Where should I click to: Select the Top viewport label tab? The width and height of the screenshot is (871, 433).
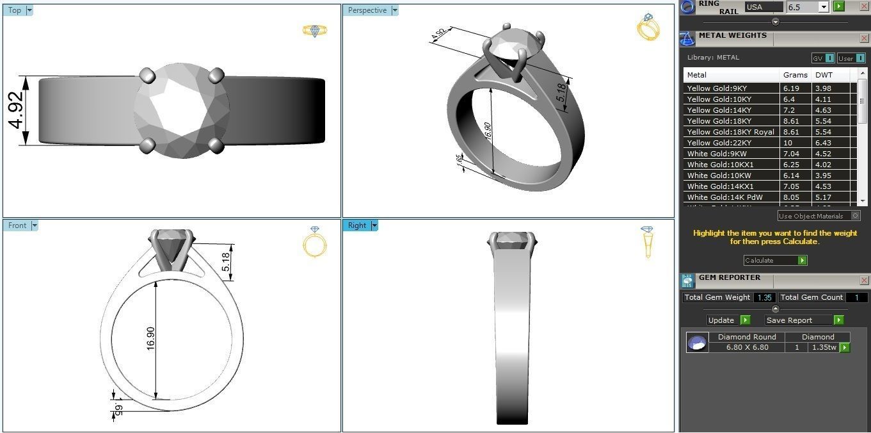15,10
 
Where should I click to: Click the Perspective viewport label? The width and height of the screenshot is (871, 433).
367,10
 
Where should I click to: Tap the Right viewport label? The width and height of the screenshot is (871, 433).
357,225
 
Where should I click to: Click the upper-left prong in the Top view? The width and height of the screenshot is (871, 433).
147,75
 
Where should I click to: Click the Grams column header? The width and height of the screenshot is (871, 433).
795,75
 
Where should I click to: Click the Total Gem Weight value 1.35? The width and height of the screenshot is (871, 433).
763,297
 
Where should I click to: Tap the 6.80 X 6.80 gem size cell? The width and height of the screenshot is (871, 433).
747,347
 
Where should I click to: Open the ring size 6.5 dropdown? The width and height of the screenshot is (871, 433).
824,7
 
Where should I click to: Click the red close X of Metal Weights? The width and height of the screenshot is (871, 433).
864,39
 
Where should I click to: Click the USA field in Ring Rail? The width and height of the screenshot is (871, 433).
763,7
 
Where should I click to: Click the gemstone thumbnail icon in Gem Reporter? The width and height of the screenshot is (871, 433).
697,343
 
